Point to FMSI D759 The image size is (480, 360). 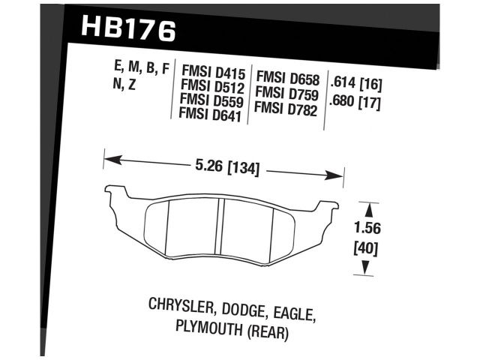(287, 94)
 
